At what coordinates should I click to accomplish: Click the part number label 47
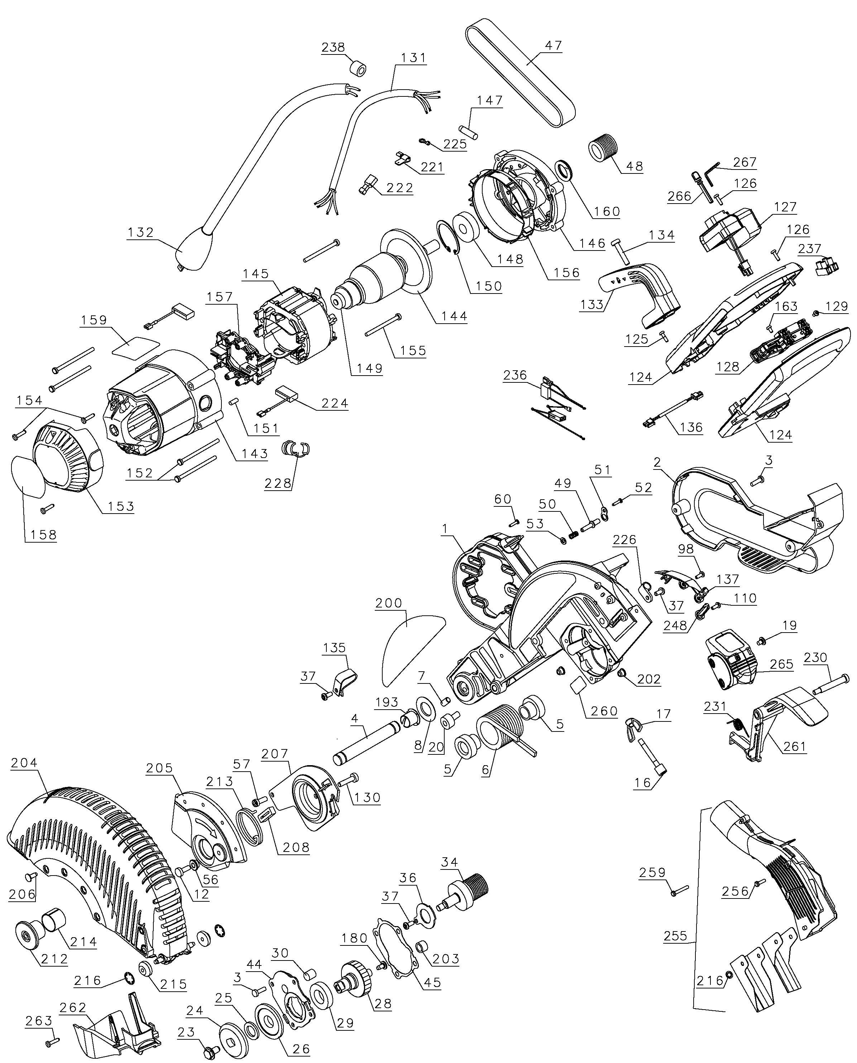click(x=554, y=46)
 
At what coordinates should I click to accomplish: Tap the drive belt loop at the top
click(x=518, y=74)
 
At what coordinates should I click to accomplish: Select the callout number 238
click(x=333, y=47)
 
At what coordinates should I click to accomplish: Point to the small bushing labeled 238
click(x=358, y=68)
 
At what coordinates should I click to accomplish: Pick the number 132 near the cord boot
click(x=141, y=232)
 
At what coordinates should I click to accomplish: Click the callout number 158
click(x=43, y=535)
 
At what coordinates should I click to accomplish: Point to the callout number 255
click(x=675, y=936)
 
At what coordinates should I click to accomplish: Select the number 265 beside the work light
click(x=781, y=664)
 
